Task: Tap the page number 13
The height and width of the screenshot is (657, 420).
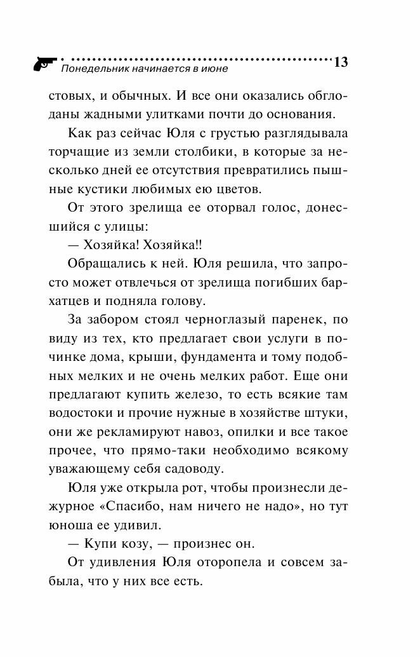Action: click(340, 62)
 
